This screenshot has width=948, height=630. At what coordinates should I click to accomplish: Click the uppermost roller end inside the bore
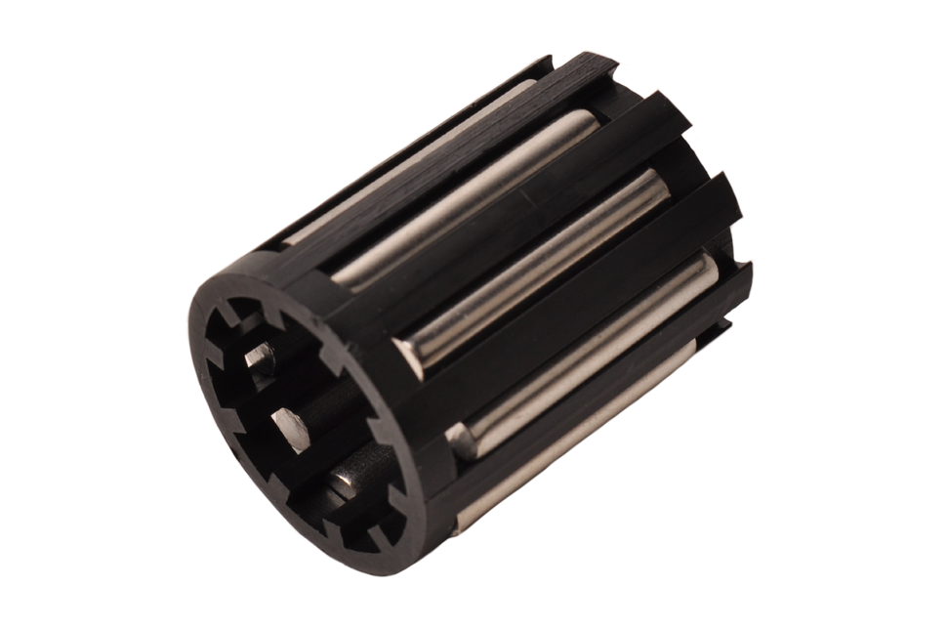[260, 358]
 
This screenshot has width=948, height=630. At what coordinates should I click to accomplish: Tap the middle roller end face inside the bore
[291, 430]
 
